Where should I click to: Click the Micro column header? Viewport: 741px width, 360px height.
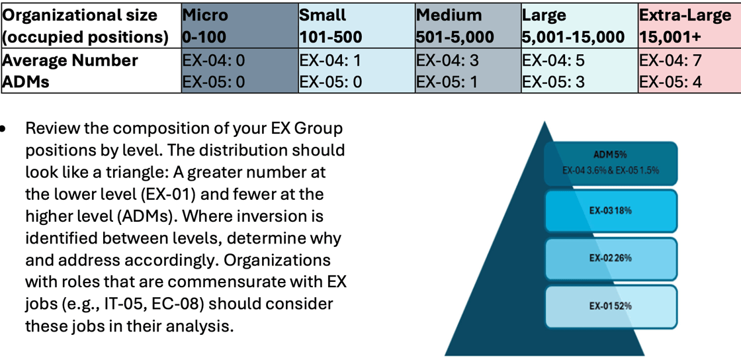tap(240, 26)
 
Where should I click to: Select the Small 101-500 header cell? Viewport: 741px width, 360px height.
tap(357, 26)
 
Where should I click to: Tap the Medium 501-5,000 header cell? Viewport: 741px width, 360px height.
tap(468, 26)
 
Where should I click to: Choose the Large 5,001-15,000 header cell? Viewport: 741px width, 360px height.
tap(580, 26)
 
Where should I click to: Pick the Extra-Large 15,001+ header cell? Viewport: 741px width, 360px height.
tap(689, 26)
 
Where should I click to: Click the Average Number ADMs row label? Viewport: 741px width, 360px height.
tap(70, 71)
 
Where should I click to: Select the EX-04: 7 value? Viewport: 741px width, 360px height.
tap(670, 60)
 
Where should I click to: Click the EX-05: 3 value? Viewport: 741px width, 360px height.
tap(553, 82)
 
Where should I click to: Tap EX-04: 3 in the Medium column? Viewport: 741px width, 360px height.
tap(447, 60)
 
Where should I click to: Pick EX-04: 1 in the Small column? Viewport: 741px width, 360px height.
tap(329, 60)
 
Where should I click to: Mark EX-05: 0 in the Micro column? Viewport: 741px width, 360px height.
tap(214, 82)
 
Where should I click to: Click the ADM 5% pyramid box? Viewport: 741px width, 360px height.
tap(611, 163)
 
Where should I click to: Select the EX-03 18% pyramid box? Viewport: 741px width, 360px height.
tap(611, 210)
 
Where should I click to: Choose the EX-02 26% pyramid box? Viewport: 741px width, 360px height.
tap(611, 259)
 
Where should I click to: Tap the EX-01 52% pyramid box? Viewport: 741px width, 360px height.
tap(611, 306)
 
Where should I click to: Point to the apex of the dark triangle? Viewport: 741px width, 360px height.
tap(545, 122)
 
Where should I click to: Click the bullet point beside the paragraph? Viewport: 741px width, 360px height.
tap(4, 128)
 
